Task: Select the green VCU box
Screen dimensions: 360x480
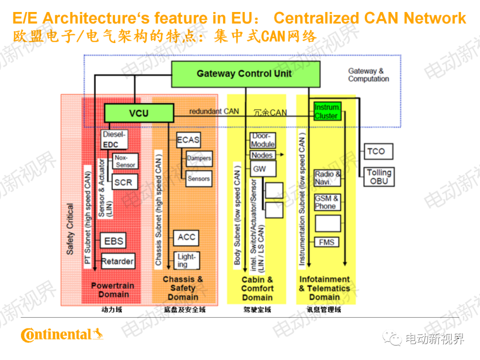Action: pyautogui.click(x=139, y=113)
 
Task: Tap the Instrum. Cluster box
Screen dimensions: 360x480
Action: pyautogui.click(x=327, y=112)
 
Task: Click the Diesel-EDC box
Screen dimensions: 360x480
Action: pyautogui.click(x=115, y=139)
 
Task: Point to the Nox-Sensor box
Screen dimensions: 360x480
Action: pyautogui.click(x=125, y=161)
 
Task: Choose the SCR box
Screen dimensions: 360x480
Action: pyautogui.click(x=123, y=182)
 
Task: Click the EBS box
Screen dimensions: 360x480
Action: pyautogui.click(x=113, y=241)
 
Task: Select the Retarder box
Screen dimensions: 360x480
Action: pyautogui.click(x=117, y=261)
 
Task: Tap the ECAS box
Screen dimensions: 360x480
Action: pyautogui.click(x=188, y=140)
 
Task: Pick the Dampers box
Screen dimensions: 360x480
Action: pyautogui.click(x=199, y=158)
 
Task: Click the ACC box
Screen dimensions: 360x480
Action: pyautogui.click(x=186, y=237)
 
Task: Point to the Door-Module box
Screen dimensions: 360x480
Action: pyautogui.click(x=263, y=140)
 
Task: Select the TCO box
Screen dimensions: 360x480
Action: pyautogui.click(x=376, y=151)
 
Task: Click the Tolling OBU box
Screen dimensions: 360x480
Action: pyautogui.click(x=379, y=176)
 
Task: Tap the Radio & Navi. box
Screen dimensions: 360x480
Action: pyautogui.click(x=328, y=178)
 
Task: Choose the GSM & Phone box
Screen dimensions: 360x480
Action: pyautogui.click(x=327, y=202)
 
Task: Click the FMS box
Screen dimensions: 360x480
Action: pyautogui.click(x=327, y=242)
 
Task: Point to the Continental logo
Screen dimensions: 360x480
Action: pyautogui.click(x=62, y=334)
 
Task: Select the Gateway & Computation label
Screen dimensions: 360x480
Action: pyautogui.click(x=368, y=75)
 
